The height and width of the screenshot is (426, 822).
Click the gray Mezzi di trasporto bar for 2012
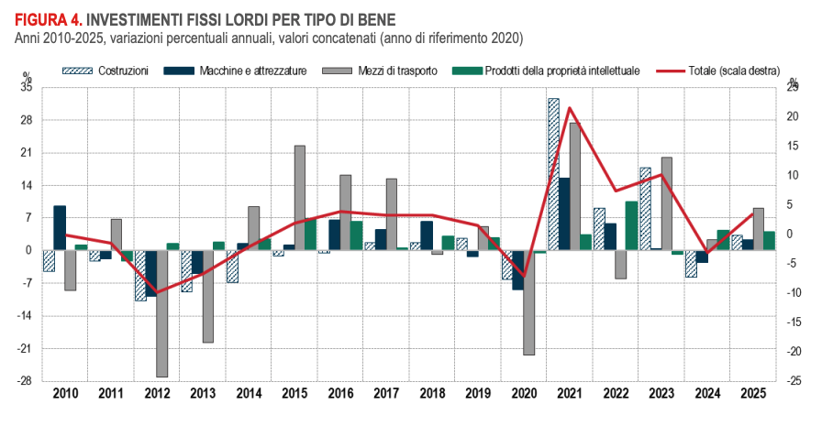pos(162,313)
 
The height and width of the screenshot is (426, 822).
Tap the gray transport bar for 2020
pos(529,302)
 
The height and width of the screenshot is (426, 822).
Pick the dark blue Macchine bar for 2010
pos(60,228)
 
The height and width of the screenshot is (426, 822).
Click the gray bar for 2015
pos(300,197)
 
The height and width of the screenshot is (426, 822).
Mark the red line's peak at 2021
pos(570,108)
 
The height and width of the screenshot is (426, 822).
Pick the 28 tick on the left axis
pos(27,120)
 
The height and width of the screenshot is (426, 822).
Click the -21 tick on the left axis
pos(25,349)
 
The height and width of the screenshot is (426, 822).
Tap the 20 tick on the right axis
pos(793,117)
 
